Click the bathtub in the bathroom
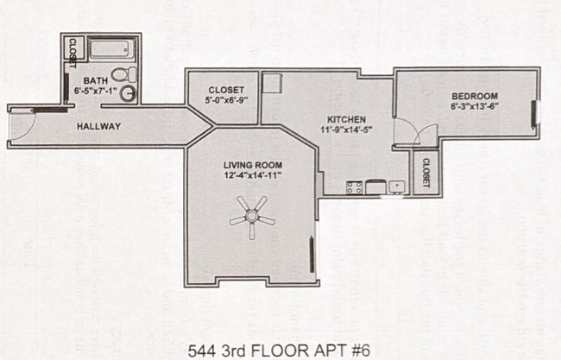point(110,49)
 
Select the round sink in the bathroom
point(128,93)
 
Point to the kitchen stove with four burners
point(354,186)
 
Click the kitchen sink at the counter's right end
point(396,186)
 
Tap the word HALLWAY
point(98,127)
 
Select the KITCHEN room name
point(347,119)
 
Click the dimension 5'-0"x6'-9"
point(224,101)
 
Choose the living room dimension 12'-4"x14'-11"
point(252,175)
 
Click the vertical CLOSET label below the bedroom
point(426,174)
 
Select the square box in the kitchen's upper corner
point(273,82)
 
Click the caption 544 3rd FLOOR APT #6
point(280,351)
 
